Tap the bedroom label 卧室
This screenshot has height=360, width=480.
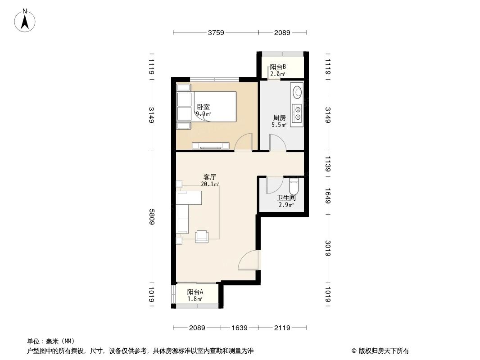[x=204, y=107]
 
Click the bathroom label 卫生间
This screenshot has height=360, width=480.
[x=286, y=198]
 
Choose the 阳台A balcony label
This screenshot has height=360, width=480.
[x=195, y=292]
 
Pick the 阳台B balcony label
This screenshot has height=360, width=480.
[x=278, y=67]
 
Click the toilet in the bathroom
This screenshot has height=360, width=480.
[x=293, y=185]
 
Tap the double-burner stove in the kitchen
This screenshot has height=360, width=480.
[x=297, y=112]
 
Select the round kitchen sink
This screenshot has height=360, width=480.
[x=297, y=92]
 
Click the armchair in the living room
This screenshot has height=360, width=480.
[x=202, y=236]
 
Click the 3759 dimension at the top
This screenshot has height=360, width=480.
[x=216, y=32]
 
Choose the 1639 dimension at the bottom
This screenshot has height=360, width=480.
[x=240, y=328]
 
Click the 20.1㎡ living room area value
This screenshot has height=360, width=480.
[x=210, y=184]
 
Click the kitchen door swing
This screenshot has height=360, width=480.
[x=276, y=143]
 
